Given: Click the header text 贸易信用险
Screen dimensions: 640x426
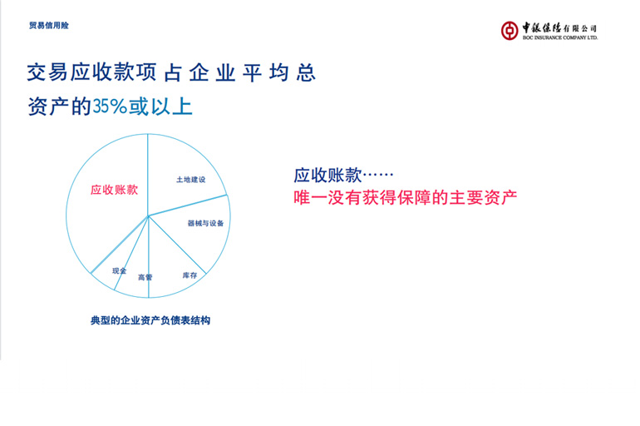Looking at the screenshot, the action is [49, 25].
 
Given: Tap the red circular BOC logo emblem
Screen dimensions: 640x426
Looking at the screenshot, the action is [510, 31].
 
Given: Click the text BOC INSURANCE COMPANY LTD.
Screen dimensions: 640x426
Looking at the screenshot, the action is [560, 37].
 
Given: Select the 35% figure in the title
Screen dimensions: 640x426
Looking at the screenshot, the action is [110, 106].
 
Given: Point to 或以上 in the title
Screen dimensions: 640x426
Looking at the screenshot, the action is [160, 106].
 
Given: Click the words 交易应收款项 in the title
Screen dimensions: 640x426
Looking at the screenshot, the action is [91, 72].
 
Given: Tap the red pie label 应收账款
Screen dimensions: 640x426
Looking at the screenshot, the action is [115, 190].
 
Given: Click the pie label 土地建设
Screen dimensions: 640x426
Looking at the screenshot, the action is [190, 180].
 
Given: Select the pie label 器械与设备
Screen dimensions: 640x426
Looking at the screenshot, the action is [206, 223].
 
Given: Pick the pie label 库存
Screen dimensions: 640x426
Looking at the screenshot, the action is [190, 275].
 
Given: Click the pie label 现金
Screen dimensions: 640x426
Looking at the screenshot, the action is [119, 270].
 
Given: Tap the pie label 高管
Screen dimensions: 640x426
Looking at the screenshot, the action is [145, 277].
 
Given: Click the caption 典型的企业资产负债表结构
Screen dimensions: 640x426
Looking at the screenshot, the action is [150, 320].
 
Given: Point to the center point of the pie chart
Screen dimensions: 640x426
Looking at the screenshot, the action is [148, 215].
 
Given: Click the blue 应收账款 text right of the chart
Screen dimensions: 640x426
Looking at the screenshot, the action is [327, 176].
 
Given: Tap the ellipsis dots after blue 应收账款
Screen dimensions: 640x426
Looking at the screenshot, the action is [378, 176].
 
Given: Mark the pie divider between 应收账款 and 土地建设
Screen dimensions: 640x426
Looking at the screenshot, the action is [148, 175].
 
